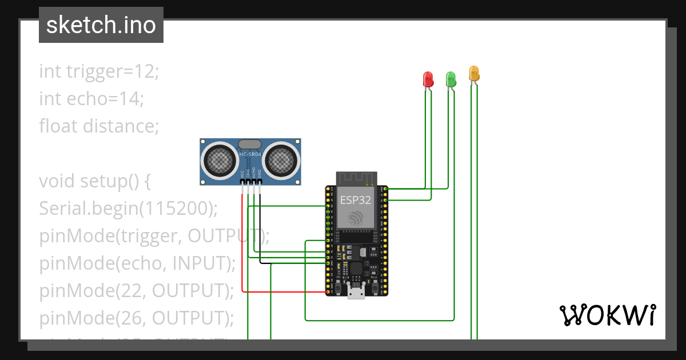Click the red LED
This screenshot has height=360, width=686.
(428, 79)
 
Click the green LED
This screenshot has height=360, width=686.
(450, 79)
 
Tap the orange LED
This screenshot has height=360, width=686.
(474, 73)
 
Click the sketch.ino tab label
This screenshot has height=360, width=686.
(101, 25)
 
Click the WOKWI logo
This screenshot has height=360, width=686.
(607, 315)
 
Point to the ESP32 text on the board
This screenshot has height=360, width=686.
(356, 200)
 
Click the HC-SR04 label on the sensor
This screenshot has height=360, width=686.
(250, 154)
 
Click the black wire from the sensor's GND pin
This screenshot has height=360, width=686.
(261, 229)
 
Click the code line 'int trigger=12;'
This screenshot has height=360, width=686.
(99, 71)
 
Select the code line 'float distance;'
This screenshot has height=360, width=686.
(99, 126)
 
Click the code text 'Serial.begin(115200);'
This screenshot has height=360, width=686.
(129, 209)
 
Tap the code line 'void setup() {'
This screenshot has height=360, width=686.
(95, 181)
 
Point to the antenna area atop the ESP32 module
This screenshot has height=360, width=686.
(356, 178)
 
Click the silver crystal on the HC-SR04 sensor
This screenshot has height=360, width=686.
(250, 145)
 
